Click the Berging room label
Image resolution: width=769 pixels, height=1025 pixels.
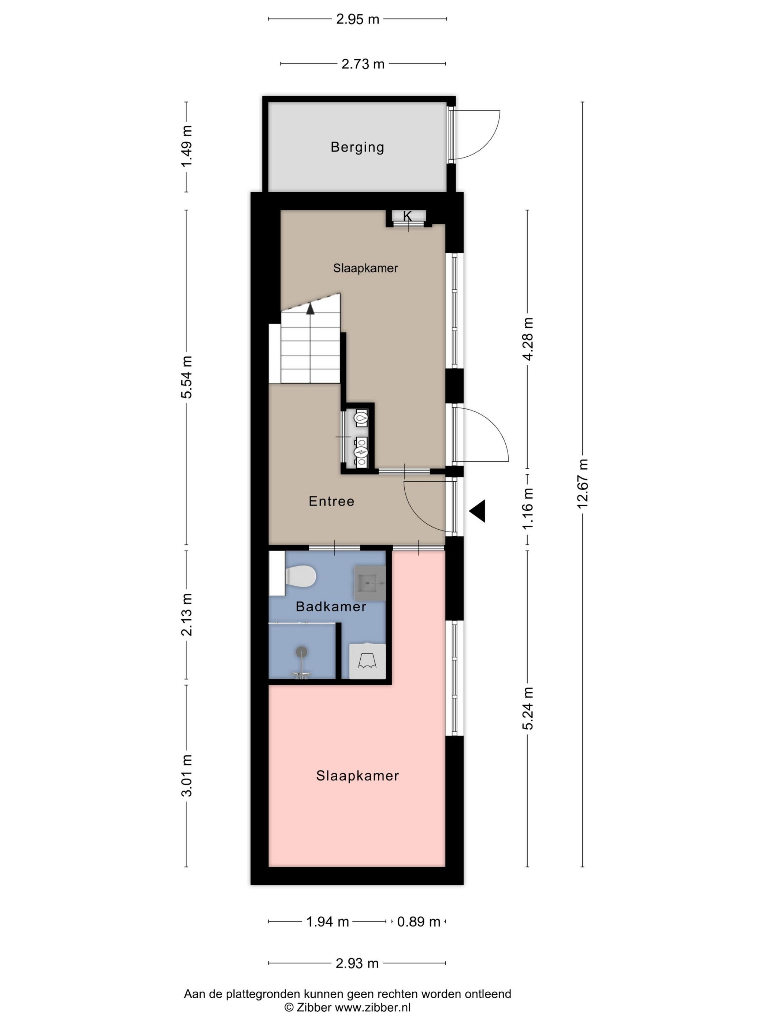[357, 148]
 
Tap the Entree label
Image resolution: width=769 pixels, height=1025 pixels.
[331, 501]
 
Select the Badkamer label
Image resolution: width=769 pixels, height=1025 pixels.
[331, 607]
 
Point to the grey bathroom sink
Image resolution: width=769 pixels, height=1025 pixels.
[370, 583]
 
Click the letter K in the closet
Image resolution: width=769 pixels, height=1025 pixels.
[407, 216]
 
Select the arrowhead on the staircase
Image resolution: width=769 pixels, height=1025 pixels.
[310, 308]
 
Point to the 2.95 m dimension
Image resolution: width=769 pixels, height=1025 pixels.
[357, 19]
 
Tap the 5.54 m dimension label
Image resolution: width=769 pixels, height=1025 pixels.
[186, 377]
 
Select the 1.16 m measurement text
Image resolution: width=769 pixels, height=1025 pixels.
[528, 508]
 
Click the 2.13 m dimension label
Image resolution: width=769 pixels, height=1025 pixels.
[186, 614]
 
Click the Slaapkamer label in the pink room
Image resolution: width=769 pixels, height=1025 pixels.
[357, 776]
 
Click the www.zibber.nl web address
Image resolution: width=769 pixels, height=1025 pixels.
[373, 1007]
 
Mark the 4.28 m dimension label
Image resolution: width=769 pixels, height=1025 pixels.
[528, 339]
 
